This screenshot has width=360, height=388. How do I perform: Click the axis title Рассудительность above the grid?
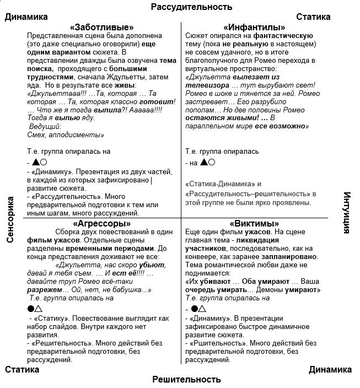click(x=192, y=7)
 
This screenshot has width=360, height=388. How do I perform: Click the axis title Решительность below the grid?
click(x=186, y=379)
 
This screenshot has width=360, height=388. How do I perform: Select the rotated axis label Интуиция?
click(x=347, y=213)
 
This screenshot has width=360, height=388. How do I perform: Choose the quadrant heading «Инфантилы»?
click(x=254, y=27)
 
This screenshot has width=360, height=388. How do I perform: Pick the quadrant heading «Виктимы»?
click(x=254, y=224)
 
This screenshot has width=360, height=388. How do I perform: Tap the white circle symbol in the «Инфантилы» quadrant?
click(x=212, y=162)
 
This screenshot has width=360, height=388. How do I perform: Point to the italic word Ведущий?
click(x=45, y=126)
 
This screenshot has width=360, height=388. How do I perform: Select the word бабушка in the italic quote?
click(x=127, y=289)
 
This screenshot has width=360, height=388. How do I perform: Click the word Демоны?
click(x=272, y=289)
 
